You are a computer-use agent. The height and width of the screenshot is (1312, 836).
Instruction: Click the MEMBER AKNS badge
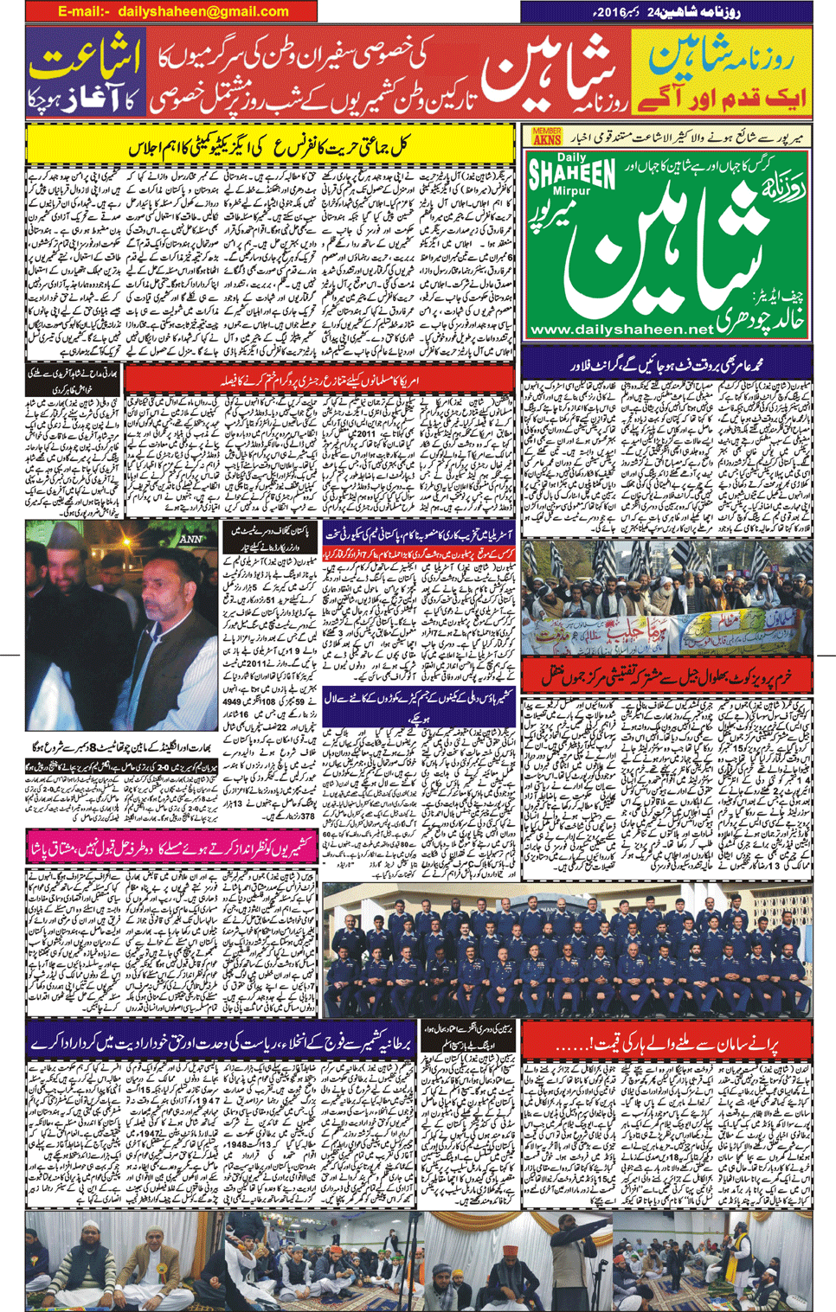point(547,136)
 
